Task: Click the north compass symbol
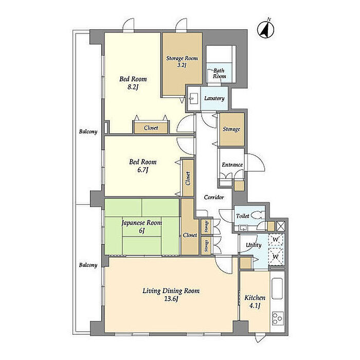pyautogui.click(x=266, y=29)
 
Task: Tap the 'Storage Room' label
pyautogui.click(x=182, y=58)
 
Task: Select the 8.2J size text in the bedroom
pyautogui.click(x=132, y=87)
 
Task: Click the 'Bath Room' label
pyautogui.click(x=219, y=74)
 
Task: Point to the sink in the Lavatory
pyautogui.click(x=192, y=99)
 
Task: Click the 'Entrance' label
pyautogui.click(x=232, y=165)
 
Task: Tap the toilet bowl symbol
pyautogui.click(x=257, y=215)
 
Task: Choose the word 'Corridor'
pyautogui.click(x=214, y=197)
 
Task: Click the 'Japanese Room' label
pyautogui.click(x=141, y=223)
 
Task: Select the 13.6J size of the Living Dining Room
pyautogui.click(x=171, y=299)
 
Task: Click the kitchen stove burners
pyautogui.click(x=278, y=318)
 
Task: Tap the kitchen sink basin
pyautogui.click(x=277, y=289)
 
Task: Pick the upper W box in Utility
pyautogui.click(x=276, y=240)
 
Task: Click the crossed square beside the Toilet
pyautogui.click(x=281, y=226)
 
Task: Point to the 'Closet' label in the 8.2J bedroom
pyautogui.click(x=151, y=128)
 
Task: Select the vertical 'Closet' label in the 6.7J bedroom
pyautogui.click(x=188, y=178)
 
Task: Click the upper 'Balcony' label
pyautogui.click(x=88, y=132)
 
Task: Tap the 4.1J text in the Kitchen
pyautogui.click(x=255, y=306)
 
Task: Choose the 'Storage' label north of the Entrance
pyautogui.click(x=231, y=129)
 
